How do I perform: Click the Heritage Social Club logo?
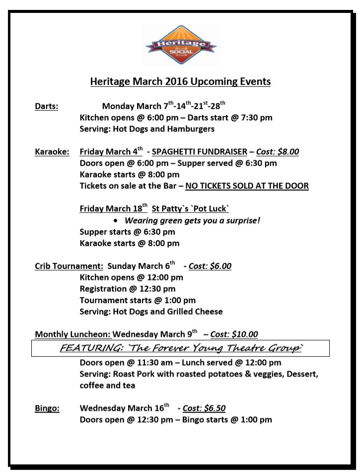click(x=181, y=45)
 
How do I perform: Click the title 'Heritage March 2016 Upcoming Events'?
click(x=180, y=81)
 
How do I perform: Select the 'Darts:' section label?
click(x=46, y=106)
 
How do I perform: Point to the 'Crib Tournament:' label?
click(x=69, y=266)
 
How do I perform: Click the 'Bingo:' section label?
click(x=47, y=408)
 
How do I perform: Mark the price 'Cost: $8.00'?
click(x=278, y=152)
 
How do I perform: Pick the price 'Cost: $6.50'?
click(x=204, y=408)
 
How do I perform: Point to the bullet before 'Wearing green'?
click(x=116, y=221)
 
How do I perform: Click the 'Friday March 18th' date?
click(x=113, y=209)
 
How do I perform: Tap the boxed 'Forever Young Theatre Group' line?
click(x=180, y=348)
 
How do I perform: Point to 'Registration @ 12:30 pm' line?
click(x=127, y=289)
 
